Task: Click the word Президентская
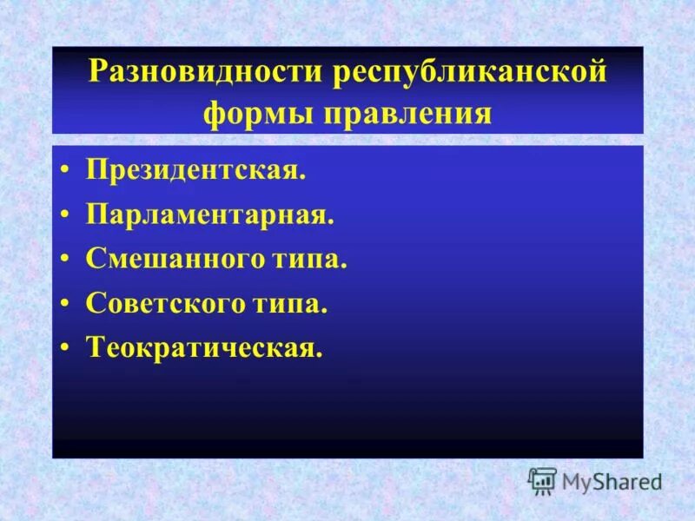(x=194, y=168)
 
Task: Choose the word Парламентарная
(x=208, y=214)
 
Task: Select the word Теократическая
(x=202, y=348)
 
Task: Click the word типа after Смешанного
(x=308, y=259)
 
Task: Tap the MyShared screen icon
(x=543, y=480)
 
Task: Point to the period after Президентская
(x=303, y=175)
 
